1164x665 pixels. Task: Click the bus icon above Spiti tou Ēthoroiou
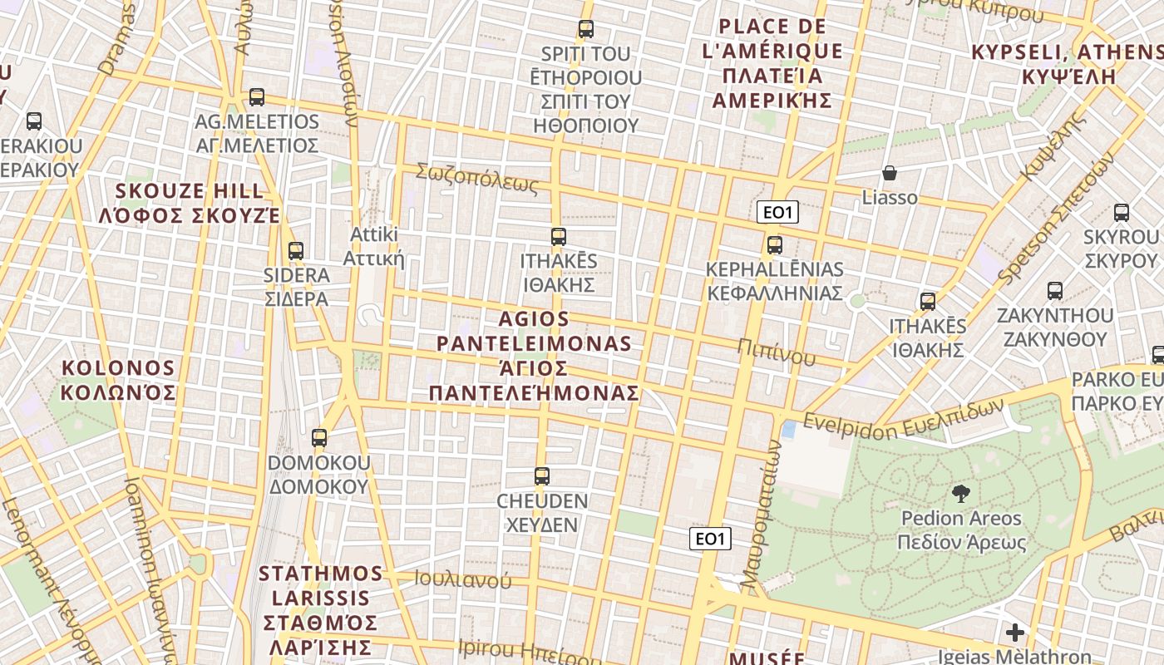[586, 29]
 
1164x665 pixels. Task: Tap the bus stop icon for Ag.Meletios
[257, 97]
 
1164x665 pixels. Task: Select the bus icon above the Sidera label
[295, 250]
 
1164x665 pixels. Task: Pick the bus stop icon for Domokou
[319, 437]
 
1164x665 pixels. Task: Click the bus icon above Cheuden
[542, 476]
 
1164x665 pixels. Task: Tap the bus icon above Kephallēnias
[775, 245]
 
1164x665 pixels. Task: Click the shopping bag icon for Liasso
[890, 173]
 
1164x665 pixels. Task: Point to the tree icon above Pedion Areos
[961, 494]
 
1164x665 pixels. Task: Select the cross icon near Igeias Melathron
[1014, 633]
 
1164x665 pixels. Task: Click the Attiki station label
[374, 246]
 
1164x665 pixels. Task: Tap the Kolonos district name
[119, 380]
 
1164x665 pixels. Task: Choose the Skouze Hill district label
[190, 204]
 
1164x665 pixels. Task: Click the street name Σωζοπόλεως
[477, 179]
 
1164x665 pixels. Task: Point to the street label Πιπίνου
[776, 352]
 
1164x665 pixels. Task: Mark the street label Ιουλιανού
[463, 579]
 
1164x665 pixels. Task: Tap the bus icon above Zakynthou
[1055, 291]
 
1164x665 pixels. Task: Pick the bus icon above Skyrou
[1122, 213]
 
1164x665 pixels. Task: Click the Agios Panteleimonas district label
[534, 356]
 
